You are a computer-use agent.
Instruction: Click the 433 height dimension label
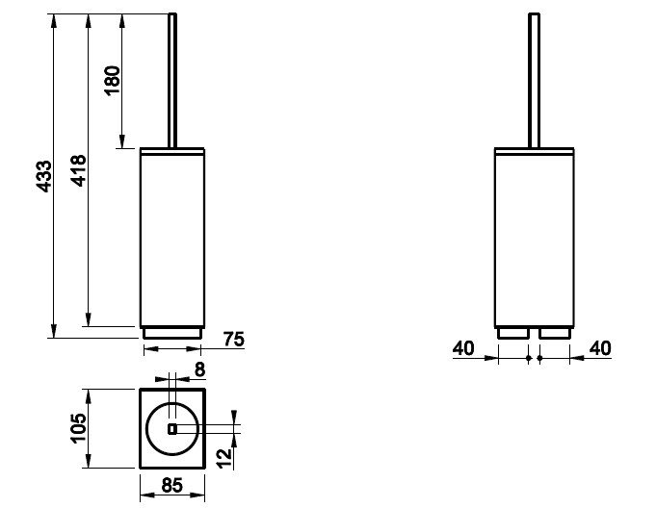click(x=44, y=176)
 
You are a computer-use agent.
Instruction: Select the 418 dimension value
click(x=79, y=170)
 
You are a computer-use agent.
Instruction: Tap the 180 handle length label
click(x=113, y=81)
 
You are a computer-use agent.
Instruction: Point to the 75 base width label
click(x=233, y=340)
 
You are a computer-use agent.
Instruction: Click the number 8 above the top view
click(x=200, y=369)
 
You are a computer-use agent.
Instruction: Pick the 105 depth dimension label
click(x=78, y=428)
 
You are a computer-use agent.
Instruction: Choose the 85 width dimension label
click(x=172, y=486)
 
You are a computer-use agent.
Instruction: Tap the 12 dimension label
click(x=225, y=458)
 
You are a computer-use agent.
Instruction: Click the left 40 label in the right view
click(x=463, y=348)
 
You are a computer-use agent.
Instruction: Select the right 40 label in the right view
click(x=600, y=348)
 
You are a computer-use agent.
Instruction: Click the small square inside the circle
click(x=172, y=429)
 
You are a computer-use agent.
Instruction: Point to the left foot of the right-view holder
click(x=513, y=333)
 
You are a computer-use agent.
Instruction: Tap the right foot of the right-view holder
click(x=555, y=333)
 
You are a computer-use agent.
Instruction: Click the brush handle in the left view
click(x=172, y=81)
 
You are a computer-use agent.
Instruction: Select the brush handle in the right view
click(x=535, y=81)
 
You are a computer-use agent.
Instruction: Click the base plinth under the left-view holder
click(x=172, y=333)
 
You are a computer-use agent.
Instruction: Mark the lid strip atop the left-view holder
click(x=172, y=151)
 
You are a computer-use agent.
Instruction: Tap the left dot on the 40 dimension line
click(x=529, y=358)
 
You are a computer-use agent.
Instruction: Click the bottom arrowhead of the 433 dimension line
click(x=54, y=331)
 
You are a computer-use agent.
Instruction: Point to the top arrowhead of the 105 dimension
click(x=89, y=395)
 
